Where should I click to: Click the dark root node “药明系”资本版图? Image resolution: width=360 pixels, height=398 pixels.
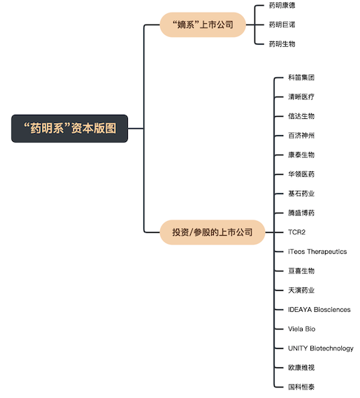coord(69,129)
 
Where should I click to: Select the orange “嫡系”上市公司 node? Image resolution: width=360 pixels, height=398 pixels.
coord(203,25)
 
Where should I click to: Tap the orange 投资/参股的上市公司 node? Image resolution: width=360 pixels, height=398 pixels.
coord(213,232)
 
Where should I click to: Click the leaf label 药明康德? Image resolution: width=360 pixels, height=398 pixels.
coord(282,6)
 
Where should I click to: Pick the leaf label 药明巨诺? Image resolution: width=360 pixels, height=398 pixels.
coord(282,24)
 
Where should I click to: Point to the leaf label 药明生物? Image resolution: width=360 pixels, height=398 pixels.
coord(282,44)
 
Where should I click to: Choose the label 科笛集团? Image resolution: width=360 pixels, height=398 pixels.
coord(301,78)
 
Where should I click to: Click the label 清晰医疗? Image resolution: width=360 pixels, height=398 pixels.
coord(301,97)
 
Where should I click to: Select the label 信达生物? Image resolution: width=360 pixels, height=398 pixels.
coord(301,116)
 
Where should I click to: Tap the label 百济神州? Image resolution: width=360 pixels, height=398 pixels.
coord(301,136)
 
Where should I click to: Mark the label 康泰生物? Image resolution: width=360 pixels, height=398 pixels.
coord(301,155)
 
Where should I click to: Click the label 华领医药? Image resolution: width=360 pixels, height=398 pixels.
coord(301,174)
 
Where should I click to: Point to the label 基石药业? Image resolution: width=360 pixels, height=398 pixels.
coord(301,194)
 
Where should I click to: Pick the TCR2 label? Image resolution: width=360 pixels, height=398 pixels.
coord(296,232)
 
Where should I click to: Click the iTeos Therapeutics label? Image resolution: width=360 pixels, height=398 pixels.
coord(317,252)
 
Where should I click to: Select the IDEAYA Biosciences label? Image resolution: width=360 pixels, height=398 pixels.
coord(319,310)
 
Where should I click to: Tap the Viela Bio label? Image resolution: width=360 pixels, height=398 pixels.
coord(302,329)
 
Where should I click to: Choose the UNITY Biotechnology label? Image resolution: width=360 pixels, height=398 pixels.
coord(321,348)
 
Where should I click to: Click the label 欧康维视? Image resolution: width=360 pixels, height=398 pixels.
coord(301,367)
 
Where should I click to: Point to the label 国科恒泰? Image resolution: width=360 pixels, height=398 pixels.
coord(301,387)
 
